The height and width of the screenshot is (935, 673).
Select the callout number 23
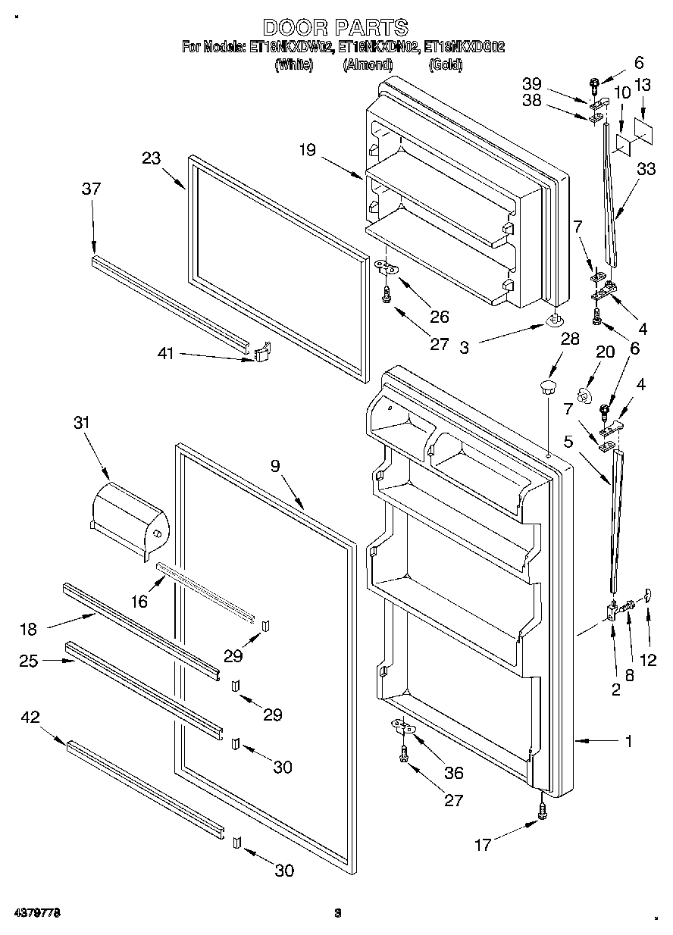(151, 158)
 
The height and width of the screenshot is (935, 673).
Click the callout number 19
(307, 149)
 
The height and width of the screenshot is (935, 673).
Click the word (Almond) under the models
(367, 65)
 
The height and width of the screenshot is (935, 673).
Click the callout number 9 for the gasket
(275, 467)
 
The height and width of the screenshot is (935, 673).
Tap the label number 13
(642, 86)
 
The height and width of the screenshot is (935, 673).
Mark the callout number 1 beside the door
(628, 742)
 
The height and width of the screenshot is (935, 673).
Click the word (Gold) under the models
(445, 65)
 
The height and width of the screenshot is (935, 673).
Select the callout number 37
(91, 189)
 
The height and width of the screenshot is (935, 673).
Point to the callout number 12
(648, 659)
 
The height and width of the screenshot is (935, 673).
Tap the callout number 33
(646, 170)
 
